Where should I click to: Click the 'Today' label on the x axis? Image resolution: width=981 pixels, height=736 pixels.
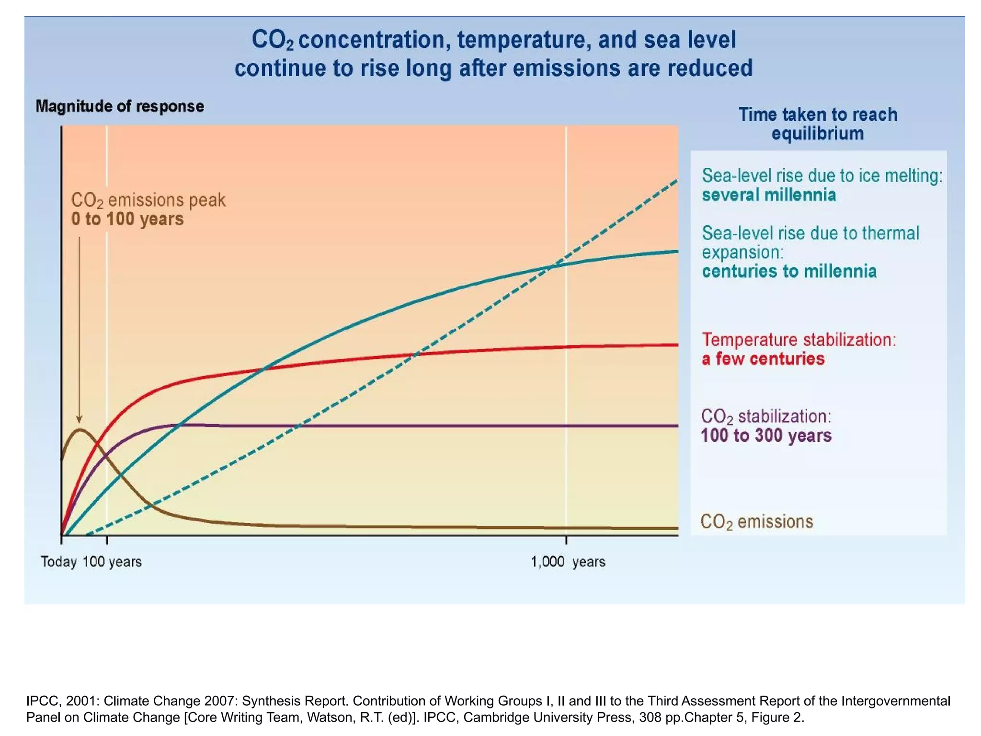[58, 562]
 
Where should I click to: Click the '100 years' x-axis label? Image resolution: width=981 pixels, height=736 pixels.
[112, 562]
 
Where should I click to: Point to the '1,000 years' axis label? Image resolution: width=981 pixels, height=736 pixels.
[568, 562]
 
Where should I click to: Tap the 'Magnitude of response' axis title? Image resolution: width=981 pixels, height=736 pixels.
[120, 106]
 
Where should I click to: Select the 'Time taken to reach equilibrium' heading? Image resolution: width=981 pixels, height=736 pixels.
[817, 124]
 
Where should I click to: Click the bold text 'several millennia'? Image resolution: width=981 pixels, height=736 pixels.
[769, 195]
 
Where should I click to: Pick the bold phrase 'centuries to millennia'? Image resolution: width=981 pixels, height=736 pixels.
[789, 272]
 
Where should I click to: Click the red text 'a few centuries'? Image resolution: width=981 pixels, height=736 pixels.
[763, 359]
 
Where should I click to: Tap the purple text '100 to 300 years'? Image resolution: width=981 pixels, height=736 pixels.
[766, 436]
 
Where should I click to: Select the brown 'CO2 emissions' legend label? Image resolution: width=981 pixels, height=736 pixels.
[756, 521]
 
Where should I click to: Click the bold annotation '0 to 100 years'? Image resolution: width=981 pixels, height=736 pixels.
[127, 219]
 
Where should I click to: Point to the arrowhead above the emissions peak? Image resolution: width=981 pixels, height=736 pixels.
[80, 420]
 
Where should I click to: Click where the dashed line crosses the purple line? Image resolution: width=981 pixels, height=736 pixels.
[298, 425]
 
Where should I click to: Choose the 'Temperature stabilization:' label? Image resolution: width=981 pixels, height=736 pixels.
[798, 340]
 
